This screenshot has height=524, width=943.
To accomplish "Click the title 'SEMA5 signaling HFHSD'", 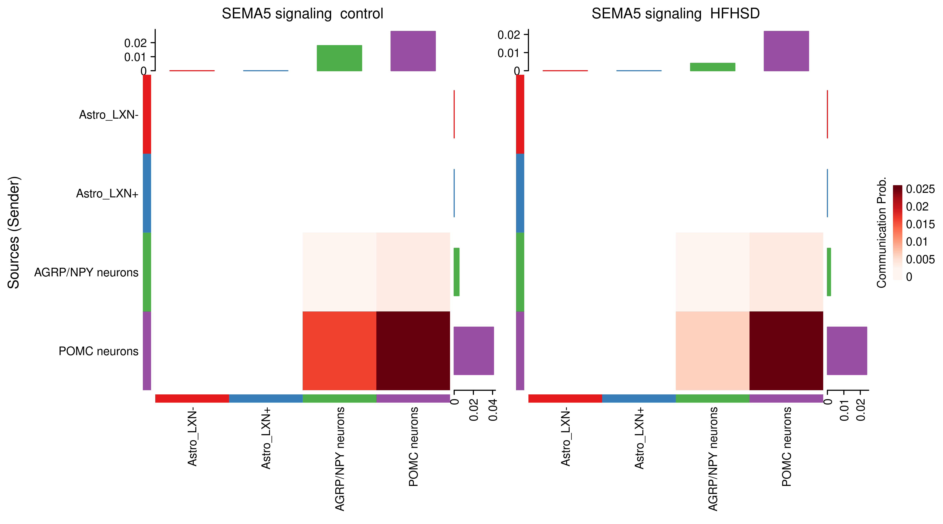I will coord(675,14).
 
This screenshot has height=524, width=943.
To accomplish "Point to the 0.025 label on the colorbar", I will coord(920,189).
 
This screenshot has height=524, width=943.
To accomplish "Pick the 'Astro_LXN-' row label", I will coord(109,115).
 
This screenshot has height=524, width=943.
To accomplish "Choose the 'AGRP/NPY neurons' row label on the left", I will coord(86,272).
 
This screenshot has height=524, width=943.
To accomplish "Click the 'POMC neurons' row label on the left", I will coord(98,351).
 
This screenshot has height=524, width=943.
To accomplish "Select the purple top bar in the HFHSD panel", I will coord(786,51).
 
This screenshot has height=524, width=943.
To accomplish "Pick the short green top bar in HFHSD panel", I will coord(712,67).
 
